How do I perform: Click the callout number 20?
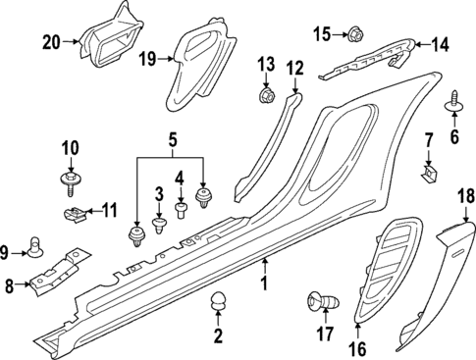click(51, 41)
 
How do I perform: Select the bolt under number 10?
click(70, 180)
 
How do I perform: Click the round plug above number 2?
click(218, 304)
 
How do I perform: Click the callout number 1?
click(262, 284)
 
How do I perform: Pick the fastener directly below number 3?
click(158, 228)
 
